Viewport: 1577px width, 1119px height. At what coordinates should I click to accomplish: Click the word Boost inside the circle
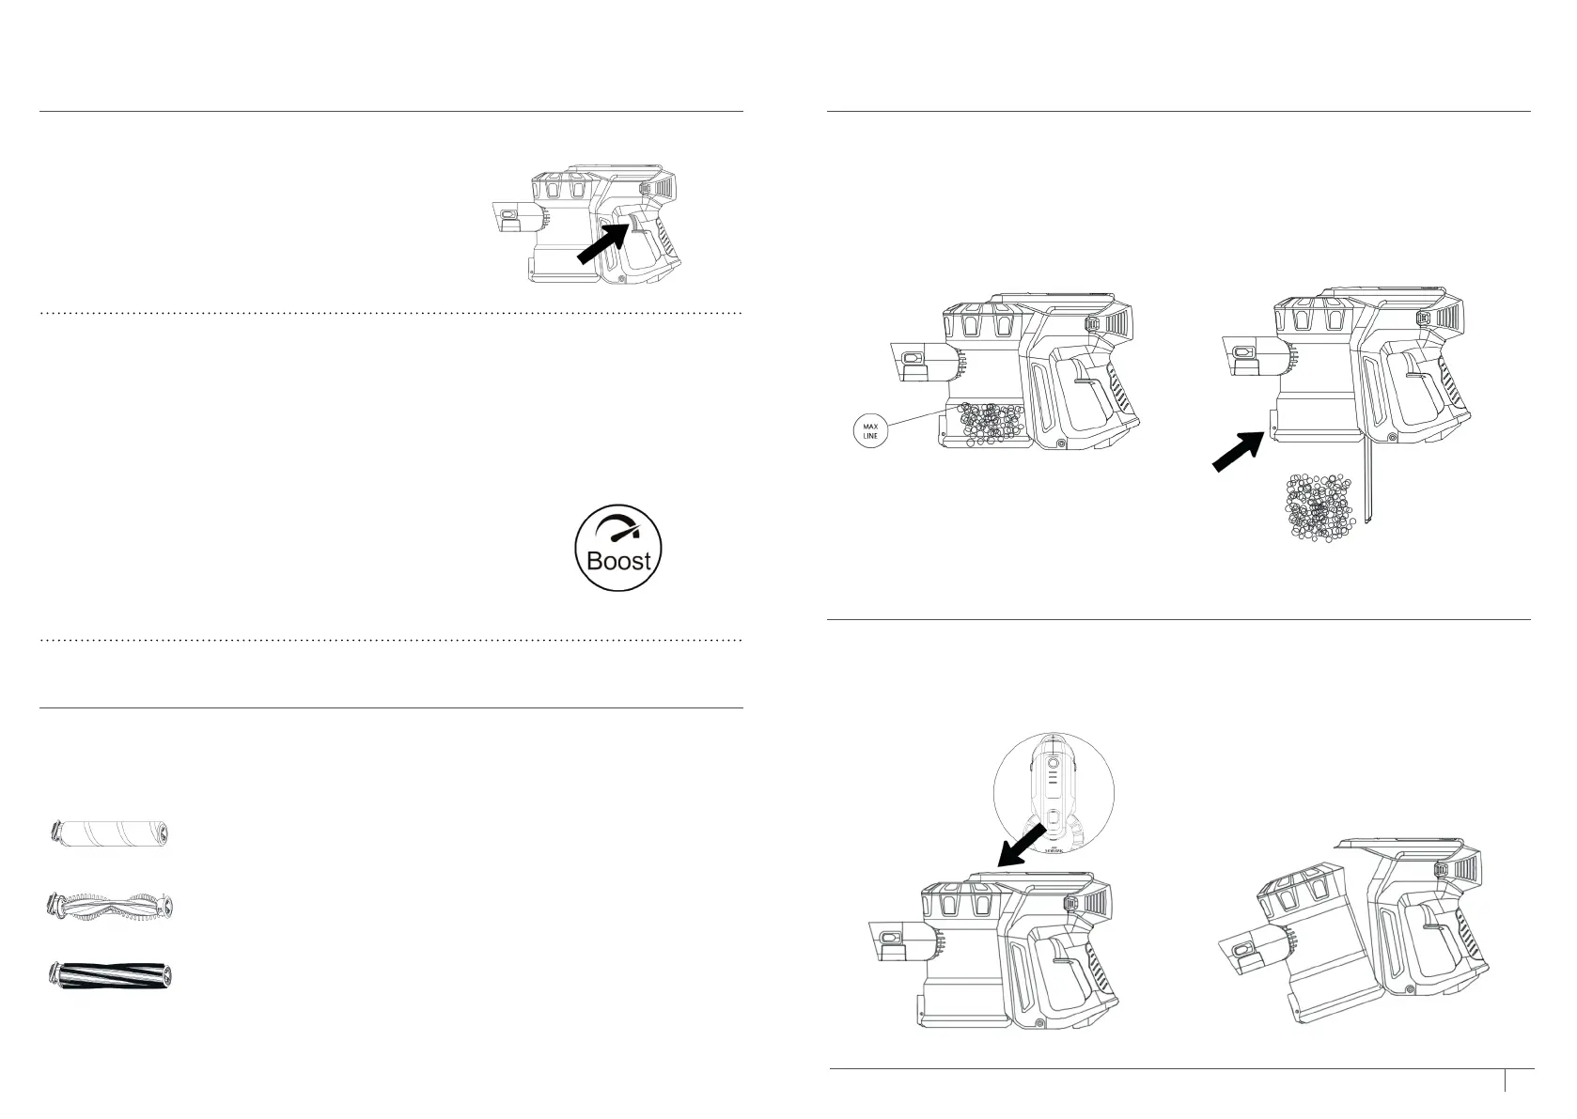click(617, 561)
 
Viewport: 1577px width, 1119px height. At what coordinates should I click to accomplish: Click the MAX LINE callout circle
click(870, 433)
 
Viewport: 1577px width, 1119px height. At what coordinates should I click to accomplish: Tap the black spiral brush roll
click(111, 974)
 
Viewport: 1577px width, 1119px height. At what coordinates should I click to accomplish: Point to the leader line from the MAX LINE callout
click(915, 419)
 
